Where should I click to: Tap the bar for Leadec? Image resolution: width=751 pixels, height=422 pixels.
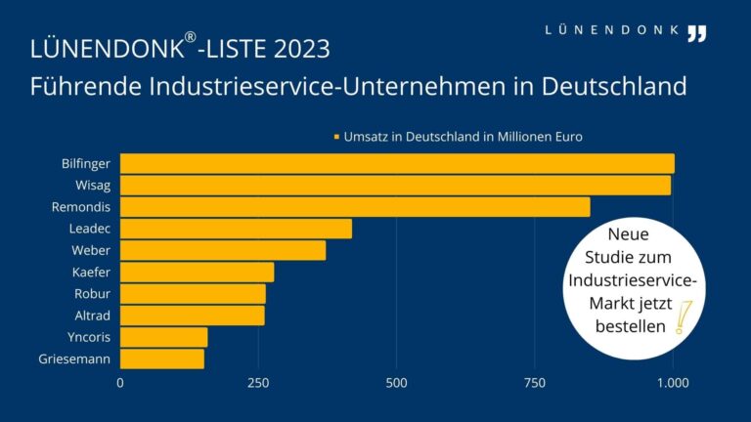235,229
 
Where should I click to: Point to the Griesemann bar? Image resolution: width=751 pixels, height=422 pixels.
161,359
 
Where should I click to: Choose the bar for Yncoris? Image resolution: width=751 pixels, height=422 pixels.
163,337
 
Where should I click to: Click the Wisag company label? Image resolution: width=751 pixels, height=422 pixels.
93,185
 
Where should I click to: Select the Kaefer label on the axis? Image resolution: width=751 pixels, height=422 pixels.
91,272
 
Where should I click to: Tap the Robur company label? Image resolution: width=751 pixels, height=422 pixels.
92,293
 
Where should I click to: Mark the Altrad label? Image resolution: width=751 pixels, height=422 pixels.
92,315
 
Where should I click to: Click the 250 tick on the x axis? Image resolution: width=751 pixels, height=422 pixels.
258,383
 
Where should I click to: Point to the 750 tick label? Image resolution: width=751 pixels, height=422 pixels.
535,383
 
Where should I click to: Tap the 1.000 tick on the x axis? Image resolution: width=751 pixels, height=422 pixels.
673,383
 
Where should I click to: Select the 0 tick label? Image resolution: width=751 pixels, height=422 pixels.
120,383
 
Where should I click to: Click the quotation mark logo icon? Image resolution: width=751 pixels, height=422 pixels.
695,33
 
